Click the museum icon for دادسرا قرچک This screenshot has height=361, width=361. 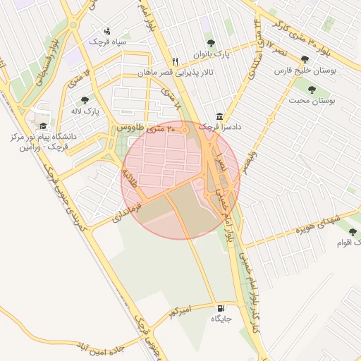tap(220, 116)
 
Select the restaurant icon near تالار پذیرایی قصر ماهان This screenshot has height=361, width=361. tap(176, 61)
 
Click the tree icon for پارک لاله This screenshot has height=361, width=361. tap(85, 100)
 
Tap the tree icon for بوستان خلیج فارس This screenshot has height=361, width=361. tap(305, 61)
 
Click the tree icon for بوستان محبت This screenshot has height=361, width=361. tap(311, 90)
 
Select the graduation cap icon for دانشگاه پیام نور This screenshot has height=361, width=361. tap(44, 124)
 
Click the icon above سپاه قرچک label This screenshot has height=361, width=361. tap(107, 31)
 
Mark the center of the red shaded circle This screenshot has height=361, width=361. tap(180, 180)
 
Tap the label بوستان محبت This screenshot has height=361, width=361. tap(311, 101)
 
